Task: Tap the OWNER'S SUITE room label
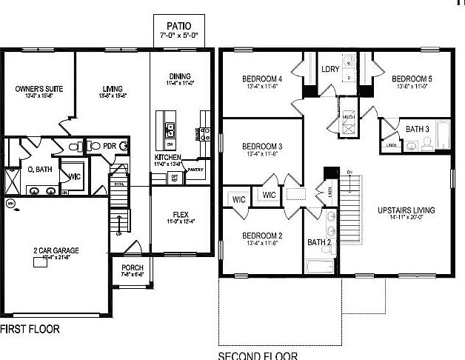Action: (39, 88)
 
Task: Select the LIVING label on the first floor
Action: (113, 88)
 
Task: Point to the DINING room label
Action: (180, 76)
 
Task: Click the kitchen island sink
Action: (170, 130)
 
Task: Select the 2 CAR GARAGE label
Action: (55, 251)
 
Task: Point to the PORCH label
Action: (133, 267)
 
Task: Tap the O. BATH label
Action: (39, 170)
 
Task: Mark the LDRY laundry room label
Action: (330, 70)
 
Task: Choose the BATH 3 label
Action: (417, 129)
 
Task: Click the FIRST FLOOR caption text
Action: (30, 328)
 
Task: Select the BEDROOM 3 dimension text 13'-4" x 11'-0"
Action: (261, 155)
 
